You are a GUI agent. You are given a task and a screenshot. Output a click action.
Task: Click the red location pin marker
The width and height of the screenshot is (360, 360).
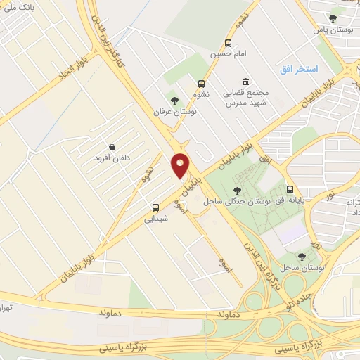pyautogui.click(x=180, y=165)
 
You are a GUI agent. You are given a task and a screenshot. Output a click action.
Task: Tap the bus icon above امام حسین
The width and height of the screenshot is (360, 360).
pyautogui.click(x=228, y=43)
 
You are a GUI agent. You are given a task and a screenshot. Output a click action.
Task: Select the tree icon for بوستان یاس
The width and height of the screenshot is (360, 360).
pyautogui.click(x=333, y=19)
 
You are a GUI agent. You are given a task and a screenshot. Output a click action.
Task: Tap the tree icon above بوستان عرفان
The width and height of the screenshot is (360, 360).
pyautogui.click(x=174, y=100)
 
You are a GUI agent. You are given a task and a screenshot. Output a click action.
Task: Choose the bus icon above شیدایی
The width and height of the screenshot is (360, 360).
pyautogui.click(x=156, y=207)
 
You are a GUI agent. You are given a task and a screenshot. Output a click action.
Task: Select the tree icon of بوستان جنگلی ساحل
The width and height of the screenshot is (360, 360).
pyautogui.click(x=237, y=191)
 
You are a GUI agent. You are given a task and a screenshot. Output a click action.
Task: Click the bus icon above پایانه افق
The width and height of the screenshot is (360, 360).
pyautogui.click(x=290, y=190)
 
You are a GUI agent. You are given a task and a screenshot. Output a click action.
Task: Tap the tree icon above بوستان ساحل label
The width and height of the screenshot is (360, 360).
pyautogui.click(x=302, y=257)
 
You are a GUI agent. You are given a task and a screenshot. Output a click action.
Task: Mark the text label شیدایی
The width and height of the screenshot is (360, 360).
pyautogui.click(x=155, y=219)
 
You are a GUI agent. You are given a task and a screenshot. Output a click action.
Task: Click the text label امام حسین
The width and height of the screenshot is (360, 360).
pyautogui.click(x=228, y=53)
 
